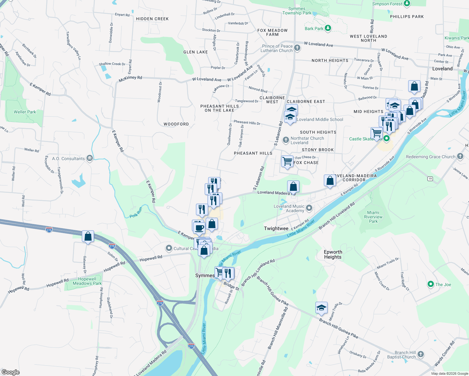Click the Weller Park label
tap(25, 112)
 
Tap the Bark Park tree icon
tap(328, 28)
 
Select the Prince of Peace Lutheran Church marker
tap(297, 48)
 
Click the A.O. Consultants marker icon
tap(90, 158)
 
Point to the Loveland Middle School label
tap(320, 119)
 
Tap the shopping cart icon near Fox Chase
tap(287, 161)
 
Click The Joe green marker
tap(431, 284)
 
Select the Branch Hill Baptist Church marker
tap(421, 354)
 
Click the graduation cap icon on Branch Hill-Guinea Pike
tap(321, 308)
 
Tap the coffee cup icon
tap(199, 227)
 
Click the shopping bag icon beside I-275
tap(88, 236)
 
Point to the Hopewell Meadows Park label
tap(87, 281)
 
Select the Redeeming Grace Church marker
tap(460, 156)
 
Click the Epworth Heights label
tap(333, 254)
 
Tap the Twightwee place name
tap(276, 228)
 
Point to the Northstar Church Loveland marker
tap(286, 140)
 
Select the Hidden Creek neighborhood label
tap(152, 19)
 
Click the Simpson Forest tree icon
tap(407, 3)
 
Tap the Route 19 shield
tap(430, 179)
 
